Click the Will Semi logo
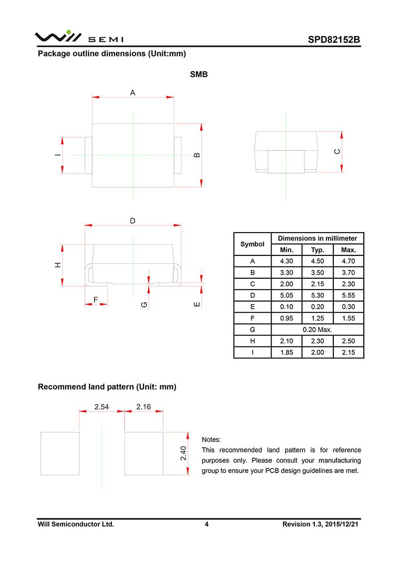pyautogui.click(x=79, y=37)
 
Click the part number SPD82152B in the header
pyautogui.click(x=333, y=40)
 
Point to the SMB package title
pyautogui.click(x=199, y=75)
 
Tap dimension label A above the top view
pyautogui.click(x=133, y=92)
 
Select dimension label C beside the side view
pyautogui.click(x=337, y=152)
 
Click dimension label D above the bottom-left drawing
pyautogui.click(x=133, y=221)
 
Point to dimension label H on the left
pyautogui.click(x=58, y=265)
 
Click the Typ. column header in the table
pyautogui.click(x=317, y=250)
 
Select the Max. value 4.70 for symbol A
pyautogui.click(x=349, y=261)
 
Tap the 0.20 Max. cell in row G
pyautogui.click(x=317, y=329)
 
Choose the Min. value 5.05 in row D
pyautogui.click(x=287, y=296)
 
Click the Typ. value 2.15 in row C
pyautogui.click(x=317, y=284)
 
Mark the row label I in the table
pyautogui.click(x=252, y=352)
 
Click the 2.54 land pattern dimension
pyautogui.click(x=101, y=407)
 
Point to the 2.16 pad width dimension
pyautogui.click(x=143, y=407)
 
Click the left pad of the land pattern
pyautogui.click(x=60, y=453)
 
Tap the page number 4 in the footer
pyautogui.click(x=206, y=524)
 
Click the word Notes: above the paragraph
pyautogui.click(x=211, y=440)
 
